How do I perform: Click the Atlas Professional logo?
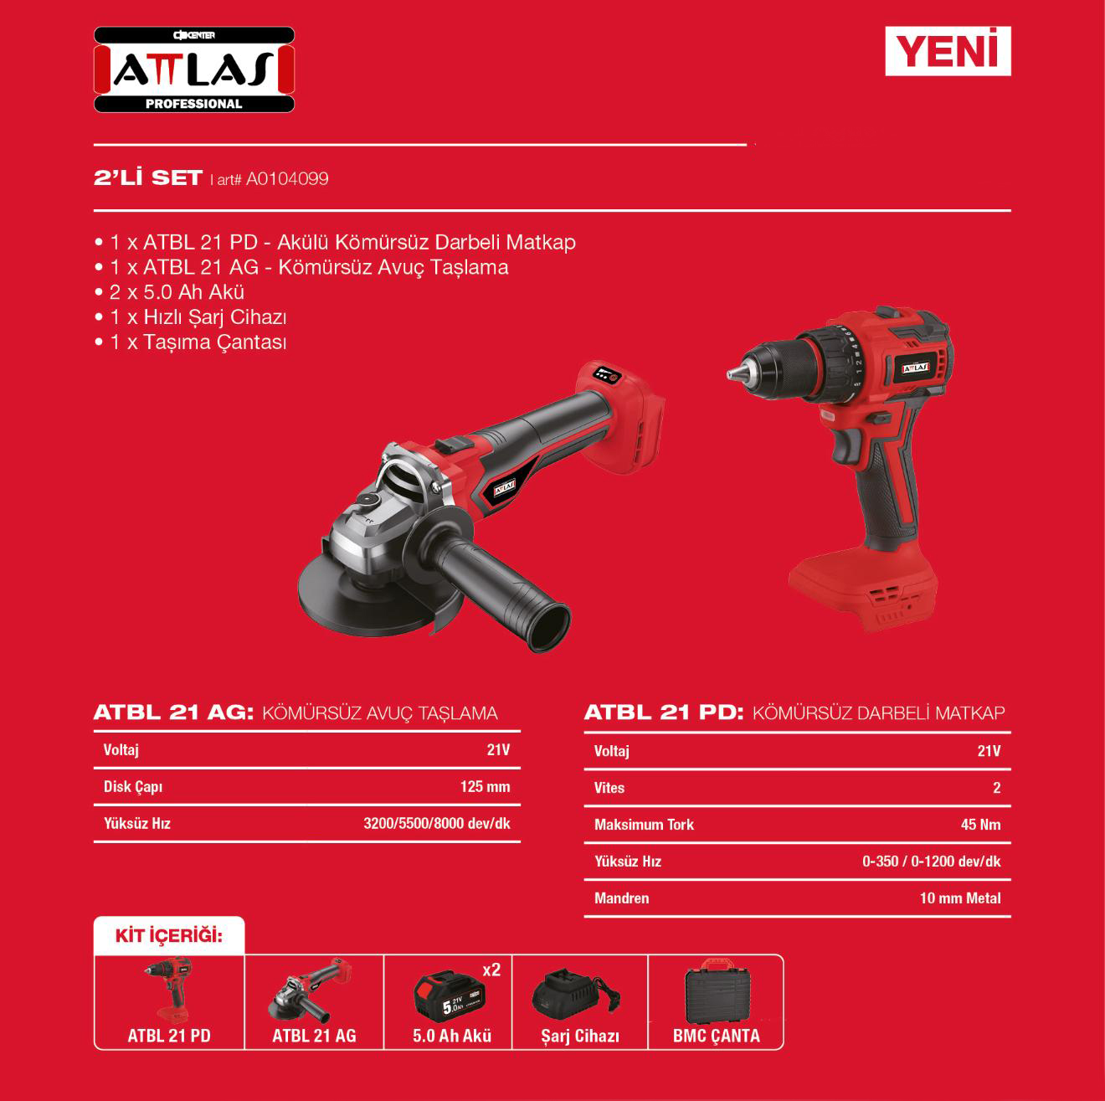(194, 69)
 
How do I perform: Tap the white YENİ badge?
(948, 51)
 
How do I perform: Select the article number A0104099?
(287, 179)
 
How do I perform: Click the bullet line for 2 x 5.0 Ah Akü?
(170, 292)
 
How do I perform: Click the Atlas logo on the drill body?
(915, 368)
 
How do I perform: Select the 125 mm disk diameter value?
(486, 786)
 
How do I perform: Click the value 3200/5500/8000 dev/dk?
(437, 823)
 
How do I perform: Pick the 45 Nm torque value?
(980, 825)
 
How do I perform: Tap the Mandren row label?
(622, 898)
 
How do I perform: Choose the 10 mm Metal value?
(960, 898)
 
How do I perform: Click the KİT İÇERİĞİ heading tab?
(169, 936)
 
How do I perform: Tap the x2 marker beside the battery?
(491, 970)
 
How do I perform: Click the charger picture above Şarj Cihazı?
(576, 993)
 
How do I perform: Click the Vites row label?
(609, 788)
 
